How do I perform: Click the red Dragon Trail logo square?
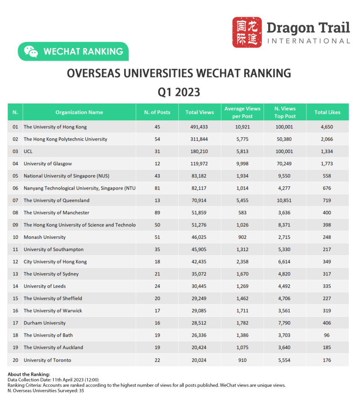pos(247,32)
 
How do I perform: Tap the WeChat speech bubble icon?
pos(31,51)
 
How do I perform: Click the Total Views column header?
pos(199,112)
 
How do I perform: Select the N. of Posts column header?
pos(157,112)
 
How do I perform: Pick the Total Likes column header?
pos(327,112)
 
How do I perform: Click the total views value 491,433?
pos(199,127)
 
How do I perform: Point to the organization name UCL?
pos(28,151)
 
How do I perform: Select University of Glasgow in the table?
pos(48,164)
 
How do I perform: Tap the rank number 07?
pos(15,200)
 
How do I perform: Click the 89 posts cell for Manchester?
pos(157,213)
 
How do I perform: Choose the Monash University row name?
pos(45,237)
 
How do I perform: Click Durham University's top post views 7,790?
pos(285,323)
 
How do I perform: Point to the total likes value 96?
pos(327,335)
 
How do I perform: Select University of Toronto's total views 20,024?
pos(199,360)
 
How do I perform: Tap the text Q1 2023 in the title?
pos(179,92)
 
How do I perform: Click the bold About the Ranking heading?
pos(29,374)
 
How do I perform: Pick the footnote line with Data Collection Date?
pos(54,380)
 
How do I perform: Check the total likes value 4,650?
pos(327,127)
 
